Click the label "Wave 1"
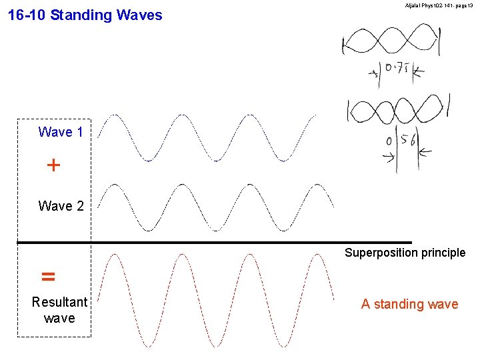61,132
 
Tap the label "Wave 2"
61,206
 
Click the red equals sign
48,276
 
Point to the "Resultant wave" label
59,310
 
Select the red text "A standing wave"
409,304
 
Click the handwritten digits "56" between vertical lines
408,141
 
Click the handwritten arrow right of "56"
425,153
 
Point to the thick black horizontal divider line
213,242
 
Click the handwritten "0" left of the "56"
389,142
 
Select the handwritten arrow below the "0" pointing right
388,157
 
